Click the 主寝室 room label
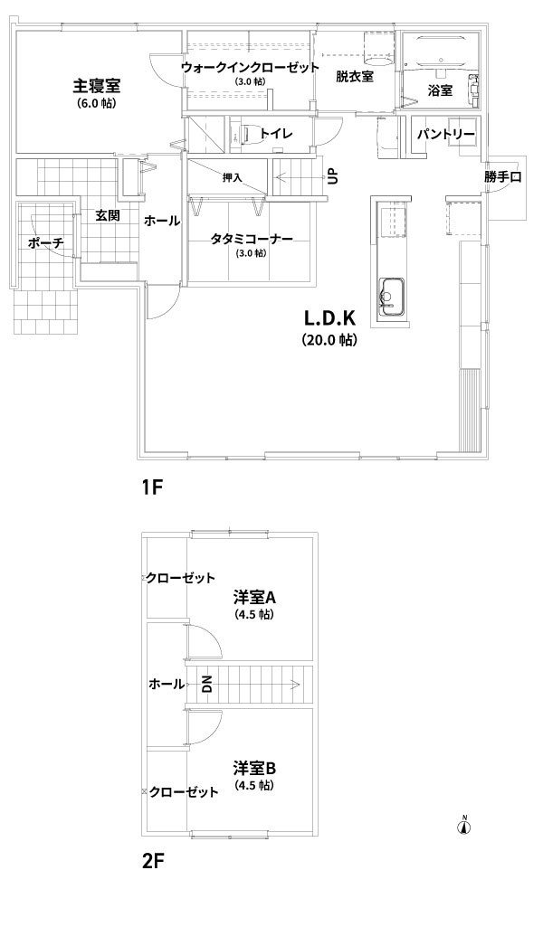[x=98, y=87]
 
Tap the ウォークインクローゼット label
[x=249, y=68]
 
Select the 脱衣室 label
[x=354, y=77]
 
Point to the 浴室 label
[x=440, y=90]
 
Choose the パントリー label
[x=446, y=134]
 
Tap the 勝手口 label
[x=502, y=177]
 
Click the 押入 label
[x=233, y=177]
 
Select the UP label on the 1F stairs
[x=332, y=176]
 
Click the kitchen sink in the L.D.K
[x=392, y=295]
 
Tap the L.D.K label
[x=328, y=319]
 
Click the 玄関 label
[x=109, y=216]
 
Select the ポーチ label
[x=45, y=243]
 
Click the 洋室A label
[x=253, y=598]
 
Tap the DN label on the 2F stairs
[x=206, y=684]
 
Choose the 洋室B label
[x=253, y=768]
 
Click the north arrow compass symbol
[x=465, y=825]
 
